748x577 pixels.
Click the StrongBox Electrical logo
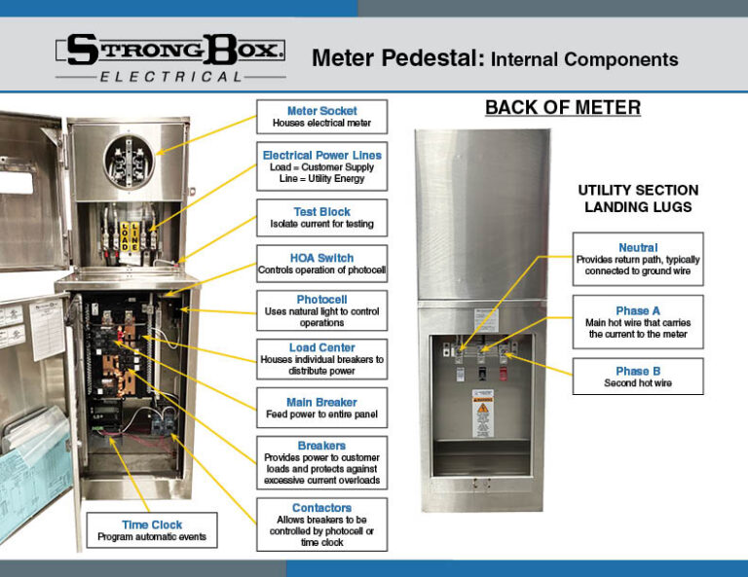point(170,58)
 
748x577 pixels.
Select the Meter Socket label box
point(321,117)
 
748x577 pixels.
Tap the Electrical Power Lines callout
point(321,167)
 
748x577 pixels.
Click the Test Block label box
point(321,217)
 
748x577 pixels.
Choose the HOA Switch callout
point(321,263)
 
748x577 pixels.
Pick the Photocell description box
point(321,310)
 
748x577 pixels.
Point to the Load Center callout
point(321,358)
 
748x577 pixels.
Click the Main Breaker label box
point(321,408)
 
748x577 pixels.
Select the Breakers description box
point(321,462)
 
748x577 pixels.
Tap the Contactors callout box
point(321,524)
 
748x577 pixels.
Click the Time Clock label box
point(152,530)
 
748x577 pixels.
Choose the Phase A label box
point(638,322)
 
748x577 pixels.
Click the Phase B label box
point(638,376)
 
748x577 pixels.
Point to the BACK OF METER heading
point(563,107)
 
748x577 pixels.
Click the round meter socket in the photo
point(125,156)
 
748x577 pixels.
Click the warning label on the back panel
point(480,416)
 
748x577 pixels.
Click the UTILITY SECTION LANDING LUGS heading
point(638,198)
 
